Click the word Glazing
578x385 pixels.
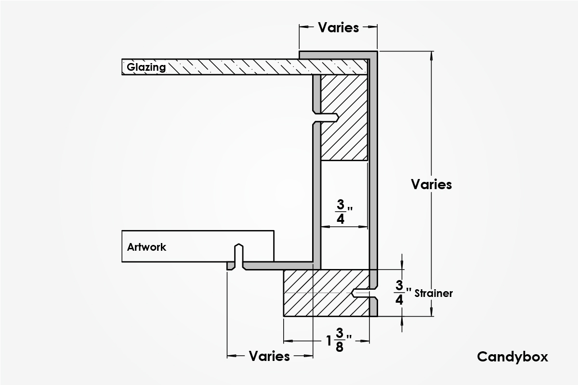[x=146, y=67]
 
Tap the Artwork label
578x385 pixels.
[x=146, y=247]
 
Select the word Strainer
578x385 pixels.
[x=433, y=293]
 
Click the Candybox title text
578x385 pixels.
[x=512, y=357]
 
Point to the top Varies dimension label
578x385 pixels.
[x=338, y=27]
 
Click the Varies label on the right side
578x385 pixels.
[x=432, y=184]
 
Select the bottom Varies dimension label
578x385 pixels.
[x=269, y=356]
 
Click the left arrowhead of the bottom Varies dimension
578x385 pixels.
[x=231, y=356]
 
